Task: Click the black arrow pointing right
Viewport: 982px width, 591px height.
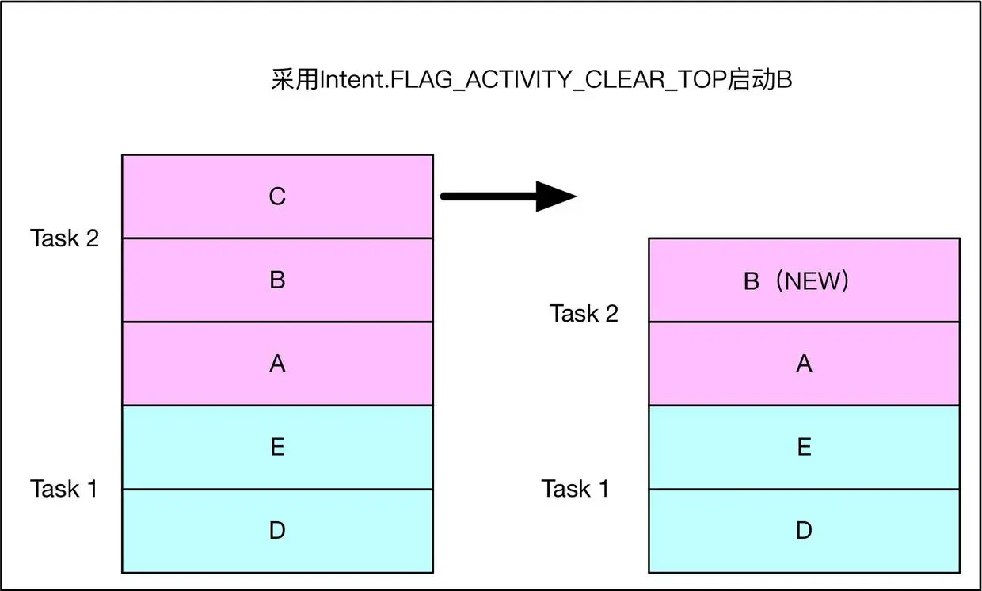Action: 507,196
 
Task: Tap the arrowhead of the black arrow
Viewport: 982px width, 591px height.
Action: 556,196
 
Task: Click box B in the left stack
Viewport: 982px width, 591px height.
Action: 277,280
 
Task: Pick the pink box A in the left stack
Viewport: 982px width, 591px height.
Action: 277,364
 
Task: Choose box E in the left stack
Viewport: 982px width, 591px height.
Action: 277,448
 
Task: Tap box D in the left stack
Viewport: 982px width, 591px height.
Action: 277,531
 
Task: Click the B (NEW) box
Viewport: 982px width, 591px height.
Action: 804,280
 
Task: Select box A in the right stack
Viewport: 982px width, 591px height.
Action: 804,364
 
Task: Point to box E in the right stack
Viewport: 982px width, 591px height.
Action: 804,448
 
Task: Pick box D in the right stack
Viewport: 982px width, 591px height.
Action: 804,531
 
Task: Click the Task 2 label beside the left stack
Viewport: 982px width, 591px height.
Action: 65,238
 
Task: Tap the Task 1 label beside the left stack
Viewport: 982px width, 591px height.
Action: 64,489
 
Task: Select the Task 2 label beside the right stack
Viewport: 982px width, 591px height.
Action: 584,314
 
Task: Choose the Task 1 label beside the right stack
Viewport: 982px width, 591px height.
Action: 576,489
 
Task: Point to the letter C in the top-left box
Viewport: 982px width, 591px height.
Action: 277,196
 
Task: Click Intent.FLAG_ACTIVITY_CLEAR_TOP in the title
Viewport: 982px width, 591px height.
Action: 522,82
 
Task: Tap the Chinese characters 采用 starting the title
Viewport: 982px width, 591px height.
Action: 295,82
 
